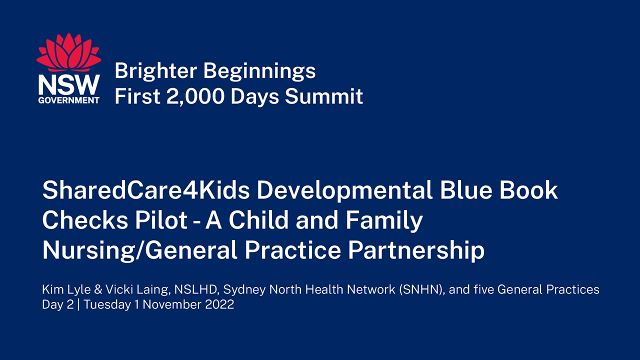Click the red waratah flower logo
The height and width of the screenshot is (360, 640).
[69, 52]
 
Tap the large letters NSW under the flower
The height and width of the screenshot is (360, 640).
[69, 85]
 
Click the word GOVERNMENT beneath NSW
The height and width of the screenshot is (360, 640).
[69, 100]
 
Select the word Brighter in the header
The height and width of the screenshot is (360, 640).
[155, 70]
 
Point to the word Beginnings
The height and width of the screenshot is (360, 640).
[259, 71]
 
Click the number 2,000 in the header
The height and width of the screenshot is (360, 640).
[195, 96]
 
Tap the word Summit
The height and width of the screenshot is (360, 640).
[324, 96]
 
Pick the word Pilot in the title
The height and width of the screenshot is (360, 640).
[161, 220]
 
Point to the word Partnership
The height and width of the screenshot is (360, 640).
[416, 251]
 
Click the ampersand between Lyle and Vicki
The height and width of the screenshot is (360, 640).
[98, 289]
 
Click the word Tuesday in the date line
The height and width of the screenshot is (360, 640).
[107, 305]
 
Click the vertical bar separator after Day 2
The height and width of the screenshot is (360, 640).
[78, 305]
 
